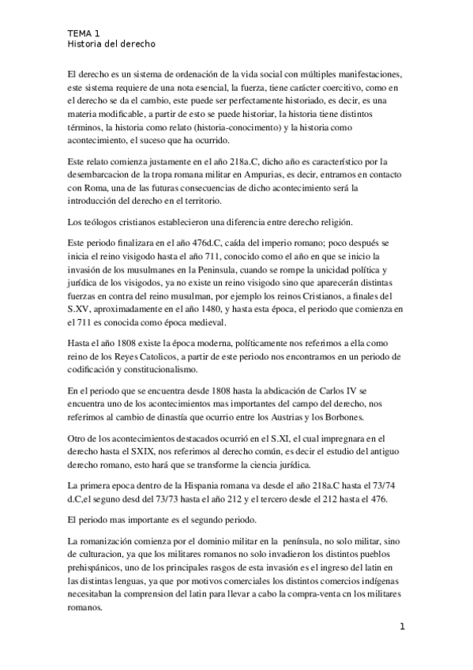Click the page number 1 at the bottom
coord(402,628)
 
